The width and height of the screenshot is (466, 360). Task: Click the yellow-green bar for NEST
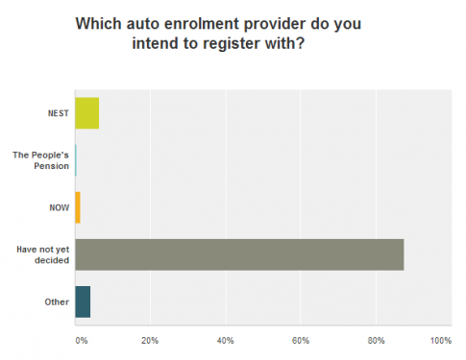pyautogui.click(x=86, y=113)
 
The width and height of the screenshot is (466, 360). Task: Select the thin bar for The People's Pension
pyautogui.click(x=75, y=160)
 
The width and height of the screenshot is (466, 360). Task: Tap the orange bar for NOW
pyautogui.click(x=77, y=207)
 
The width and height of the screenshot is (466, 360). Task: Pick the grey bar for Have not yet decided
pyautogui.click(x=239, y=254)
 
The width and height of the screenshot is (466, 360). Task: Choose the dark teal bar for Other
pyautogui.click(x=83, y=301)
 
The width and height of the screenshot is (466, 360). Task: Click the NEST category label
pyautogui.click(x=58, y=113)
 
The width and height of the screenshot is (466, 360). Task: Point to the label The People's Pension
pyautogui.click(x=41, y=160)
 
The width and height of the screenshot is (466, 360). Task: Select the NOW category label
pyautogui.click(x=59, y=207)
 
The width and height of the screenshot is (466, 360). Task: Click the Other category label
pyautogui.click(x=56, y=301)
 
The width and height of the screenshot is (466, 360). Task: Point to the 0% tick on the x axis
pyautogui.click(x=81, y=341)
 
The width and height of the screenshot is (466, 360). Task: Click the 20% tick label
pyautogui.click(x=150, y=341)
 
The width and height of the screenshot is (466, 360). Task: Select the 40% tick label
pyautogui.click(x=226, y=341)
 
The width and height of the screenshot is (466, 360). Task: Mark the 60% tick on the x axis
pyautogui.click(x=301, y=341)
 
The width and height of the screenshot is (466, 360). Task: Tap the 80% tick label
pyautogui.click(x=376, y=341)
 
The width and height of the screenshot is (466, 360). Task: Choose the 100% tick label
pyautogui.click(x=440, y=341)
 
